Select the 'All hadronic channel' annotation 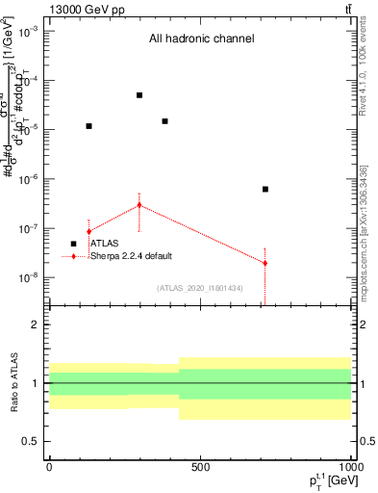pos(201,39)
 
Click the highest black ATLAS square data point pos(139,95)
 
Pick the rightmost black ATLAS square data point pos(265,189)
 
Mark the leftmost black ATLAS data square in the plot pos(89,126)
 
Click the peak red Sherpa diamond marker pos(139,205)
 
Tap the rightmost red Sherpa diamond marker pos(265,263)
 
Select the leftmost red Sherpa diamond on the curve pos(89,231)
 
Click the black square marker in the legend pos(73,244)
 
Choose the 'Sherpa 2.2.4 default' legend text pos(132,256)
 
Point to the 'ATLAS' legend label pos(104,244)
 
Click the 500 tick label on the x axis pos(200,467)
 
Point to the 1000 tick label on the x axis pos(349,467)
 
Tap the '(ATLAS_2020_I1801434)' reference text pos(200,288)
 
